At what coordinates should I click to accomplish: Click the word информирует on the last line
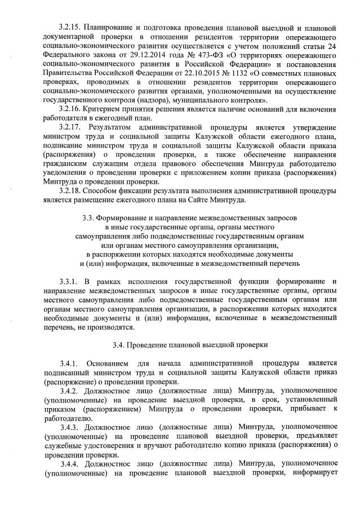point(312,473)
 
